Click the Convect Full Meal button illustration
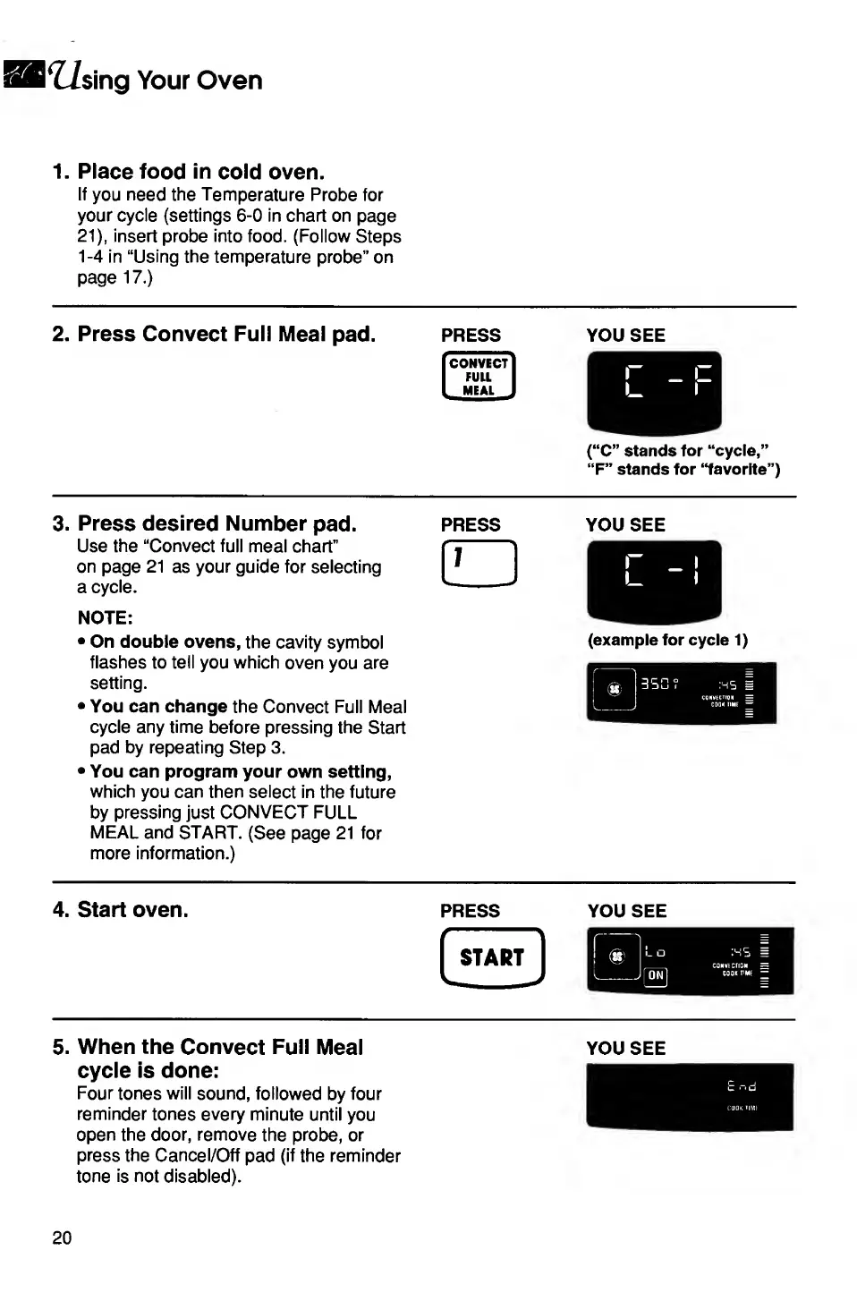(x=479, y=377)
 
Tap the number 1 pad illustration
(x=479, y=564)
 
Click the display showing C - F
(x=654, y=392)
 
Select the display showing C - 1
(x=654, y=581)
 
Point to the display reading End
(x=690, y=1096)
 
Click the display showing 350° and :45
(x=681, y=693)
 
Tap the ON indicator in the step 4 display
(x=656, y=975)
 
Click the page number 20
(x=62, y=1237)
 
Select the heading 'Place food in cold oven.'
(x=200, y=172)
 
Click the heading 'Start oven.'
(x=132, y=910)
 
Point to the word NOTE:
(x=105, y=617)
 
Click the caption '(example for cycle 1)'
(x=667, y=640)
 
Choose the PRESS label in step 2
(x=471, y=336)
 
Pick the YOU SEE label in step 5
(x=625, y=1048)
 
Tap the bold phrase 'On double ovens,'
(x=165, y=642)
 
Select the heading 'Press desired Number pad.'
(x=216, y=523)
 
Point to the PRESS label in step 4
(x=470, y=911)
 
